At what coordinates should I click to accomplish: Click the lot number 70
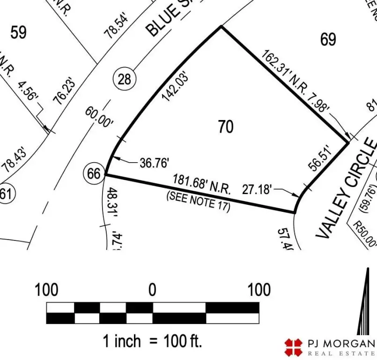(x=226, y=127)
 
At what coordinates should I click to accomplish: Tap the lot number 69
(x=328, y=39)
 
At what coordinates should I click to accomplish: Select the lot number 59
(x=18, y=32)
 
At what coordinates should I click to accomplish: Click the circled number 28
(x=125, y=79)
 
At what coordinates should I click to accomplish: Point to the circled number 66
(x=94, y=174)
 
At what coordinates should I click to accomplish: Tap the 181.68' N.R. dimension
(x=201, y=184)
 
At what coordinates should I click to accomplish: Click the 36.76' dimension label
(x=154, y=163)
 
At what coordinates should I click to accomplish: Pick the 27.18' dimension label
(x=257, y=190)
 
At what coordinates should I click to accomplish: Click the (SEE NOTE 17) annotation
(x=199, y=202)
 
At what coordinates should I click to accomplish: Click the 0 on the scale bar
(x=152, y=290)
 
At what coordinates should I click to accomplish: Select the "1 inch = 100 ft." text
(x=153, y=341)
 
